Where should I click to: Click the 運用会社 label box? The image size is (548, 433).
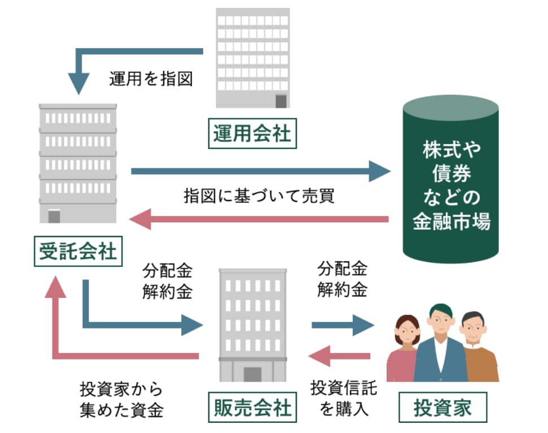[x=252, y=134]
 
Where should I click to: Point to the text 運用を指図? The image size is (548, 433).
[x=151, y=79]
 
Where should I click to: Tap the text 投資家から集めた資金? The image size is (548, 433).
[x=121, y=399]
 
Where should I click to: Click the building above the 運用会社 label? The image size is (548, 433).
[x=253, y=58]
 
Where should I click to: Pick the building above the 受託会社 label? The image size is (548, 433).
[x=78, y=164]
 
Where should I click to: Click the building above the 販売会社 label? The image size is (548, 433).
[x=252, y=325]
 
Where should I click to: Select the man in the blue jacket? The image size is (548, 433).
[x=441, y=344]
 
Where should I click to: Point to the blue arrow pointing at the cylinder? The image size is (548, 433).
[x=260, y=170]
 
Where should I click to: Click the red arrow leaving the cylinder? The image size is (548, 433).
[x=260, y=219]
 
